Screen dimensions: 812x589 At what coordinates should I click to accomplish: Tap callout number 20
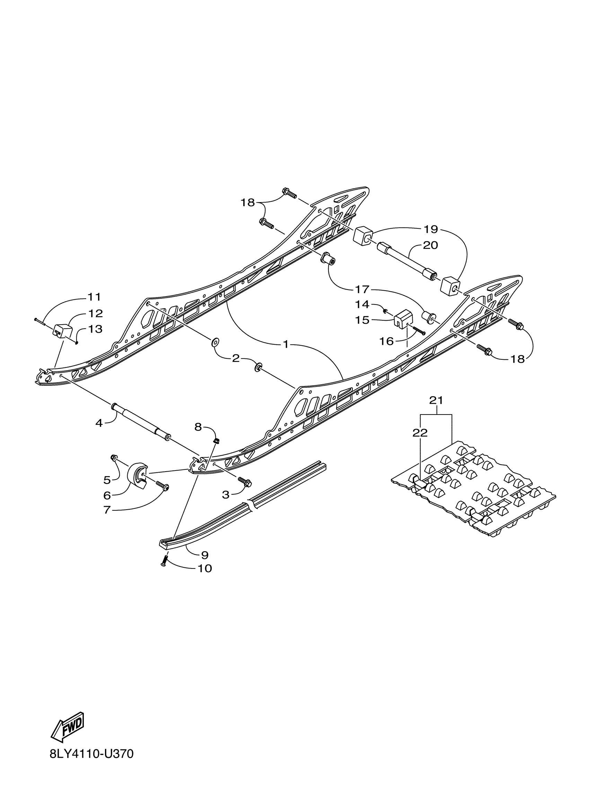(x=430, y=246)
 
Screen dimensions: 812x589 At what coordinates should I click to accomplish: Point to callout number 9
(x=205, y=555)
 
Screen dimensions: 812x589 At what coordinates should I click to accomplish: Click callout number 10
(x=205, y=568)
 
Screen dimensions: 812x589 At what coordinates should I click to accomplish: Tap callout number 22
(x=420, y=433)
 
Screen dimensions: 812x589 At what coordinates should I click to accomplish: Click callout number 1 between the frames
(x=286, y=345)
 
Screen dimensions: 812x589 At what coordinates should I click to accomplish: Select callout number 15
(x=362, y=320)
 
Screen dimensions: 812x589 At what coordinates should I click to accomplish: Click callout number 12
(x=96, y=314)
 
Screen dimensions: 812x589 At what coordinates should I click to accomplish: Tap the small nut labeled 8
(x=216, y=441)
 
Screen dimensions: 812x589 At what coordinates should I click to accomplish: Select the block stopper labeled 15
(x=404, y=317)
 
